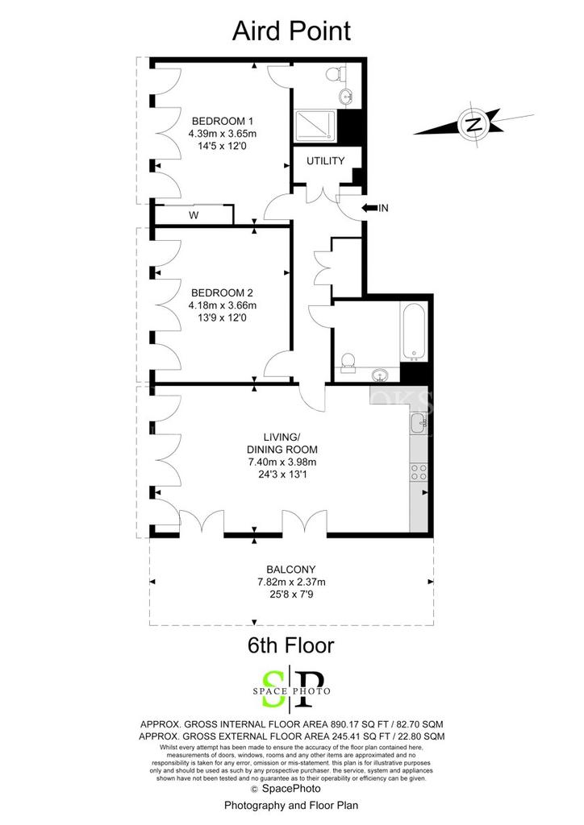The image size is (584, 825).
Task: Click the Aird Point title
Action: (291, 31)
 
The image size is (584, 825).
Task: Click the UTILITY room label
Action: (325, 161)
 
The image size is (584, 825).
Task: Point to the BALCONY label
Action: (290, 570)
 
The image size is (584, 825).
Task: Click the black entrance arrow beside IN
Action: (369, 209)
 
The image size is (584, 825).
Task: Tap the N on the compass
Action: (474, 125)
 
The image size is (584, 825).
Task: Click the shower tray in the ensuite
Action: (315, 126)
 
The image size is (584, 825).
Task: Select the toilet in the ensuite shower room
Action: (335, 73)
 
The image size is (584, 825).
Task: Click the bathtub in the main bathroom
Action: (414, 331)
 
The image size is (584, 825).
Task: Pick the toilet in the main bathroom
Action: (347, 362)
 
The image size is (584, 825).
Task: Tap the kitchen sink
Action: (418, 422)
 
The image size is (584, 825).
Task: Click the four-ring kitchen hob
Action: (419, 471)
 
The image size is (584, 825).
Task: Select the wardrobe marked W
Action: (194, 214)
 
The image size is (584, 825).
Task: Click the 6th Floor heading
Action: (290, 645)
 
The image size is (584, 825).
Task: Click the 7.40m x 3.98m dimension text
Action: (282, 462)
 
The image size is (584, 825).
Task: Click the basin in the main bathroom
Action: (380, 375)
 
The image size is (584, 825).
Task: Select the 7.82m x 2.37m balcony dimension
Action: (291, 582)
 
